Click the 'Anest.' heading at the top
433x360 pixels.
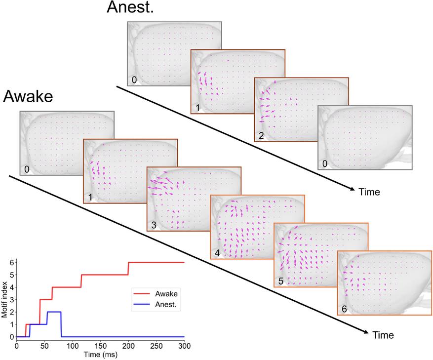(130, 7)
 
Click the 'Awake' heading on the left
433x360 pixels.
(28, 96)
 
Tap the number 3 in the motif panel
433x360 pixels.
(154, 225)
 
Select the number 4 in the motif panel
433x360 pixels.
(217, 253)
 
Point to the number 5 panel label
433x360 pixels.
(281, 281)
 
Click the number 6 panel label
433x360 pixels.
(344, 309)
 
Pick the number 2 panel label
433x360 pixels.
(261, 135)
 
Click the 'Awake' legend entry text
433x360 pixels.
(166, 294)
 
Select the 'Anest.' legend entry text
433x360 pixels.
(166, 305)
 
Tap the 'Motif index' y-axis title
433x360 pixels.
(4, 299)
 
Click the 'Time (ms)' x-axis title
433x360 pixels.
(101, 355)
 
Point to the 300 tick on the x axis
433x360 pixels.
(184, 346)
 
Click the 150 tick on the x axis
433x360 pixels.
(101, 346)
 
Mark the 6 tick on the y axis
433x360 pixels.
(11, 263)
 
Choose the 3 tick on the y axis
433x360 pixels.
(11, 300)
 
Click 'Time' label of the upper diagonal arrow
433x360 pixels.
(369, 192)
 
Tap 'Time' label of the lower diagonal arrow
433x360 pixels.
(383, 335)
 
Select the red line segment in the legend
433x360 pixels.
(142, 294)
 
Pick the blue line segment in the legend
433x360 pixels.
(142, 305)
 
